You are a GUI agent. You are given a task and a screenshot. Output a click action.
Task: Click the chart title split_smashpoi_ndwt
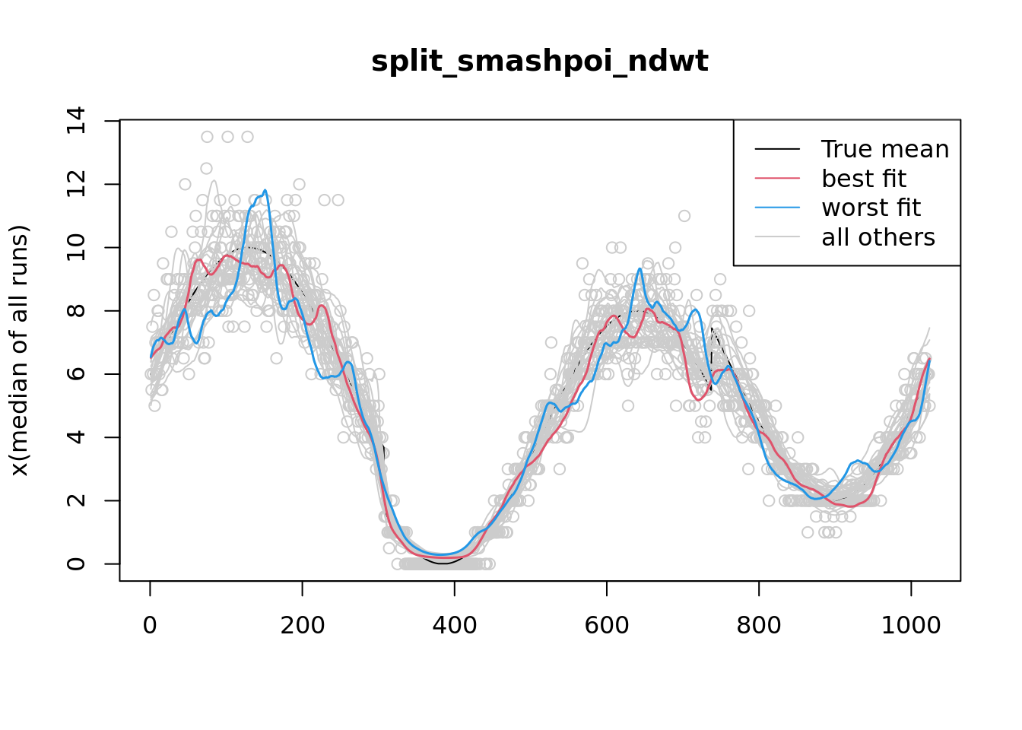(539, 62)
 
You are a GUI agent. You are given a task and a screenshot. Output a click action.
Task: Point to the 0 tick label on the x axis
(150, 625)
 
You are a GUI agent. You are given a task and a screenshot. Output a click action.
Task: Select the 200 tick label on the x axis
(302, 625)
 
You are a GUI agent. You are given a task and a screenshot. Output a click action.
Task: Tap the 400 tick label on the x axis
(454, 625)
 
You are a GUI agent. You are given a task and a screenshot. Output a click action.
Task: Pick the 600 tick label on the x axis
(607, 625)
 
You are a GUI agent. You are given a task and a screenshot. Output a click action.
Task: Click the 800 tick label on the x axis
(759, 625)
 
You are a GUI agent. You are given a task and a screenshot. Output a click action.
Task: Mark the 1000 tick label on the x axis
(911, 625)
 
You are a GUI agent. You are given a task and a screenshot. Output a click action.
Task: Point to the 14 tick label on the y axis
(76, 121)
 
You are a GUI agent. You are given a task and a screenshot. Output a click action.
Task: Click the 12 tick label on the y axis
(76, 184)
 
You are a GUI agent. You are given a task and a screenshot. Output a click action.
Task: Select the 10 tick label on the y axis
(76, 247)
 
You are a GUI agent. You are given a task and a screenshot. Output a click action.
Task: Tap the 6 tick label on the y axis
(76, 374)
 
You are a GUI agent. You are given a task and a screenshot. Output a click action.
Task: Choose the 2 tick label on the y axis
(76, 500)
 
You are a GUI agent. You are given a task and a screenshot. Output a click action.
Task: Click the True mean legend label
(885, 149)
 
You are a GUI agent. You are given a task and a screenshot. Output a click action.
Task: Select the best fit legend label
(864, 179)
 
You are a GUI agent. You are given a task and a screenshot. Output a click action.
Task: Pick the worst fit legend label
(871, 208)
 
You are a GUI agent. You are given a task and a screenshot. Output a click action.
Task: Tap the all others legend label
(878, 237)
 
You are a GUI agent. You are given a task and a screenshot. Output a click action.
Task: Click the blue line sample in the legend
(777, 208)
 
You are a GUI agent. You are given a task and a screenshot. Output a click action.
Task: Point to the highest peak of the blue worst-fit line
(265, 190)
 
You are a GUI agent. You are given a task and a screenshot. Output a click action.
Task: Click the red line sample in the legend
(777, 179)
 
